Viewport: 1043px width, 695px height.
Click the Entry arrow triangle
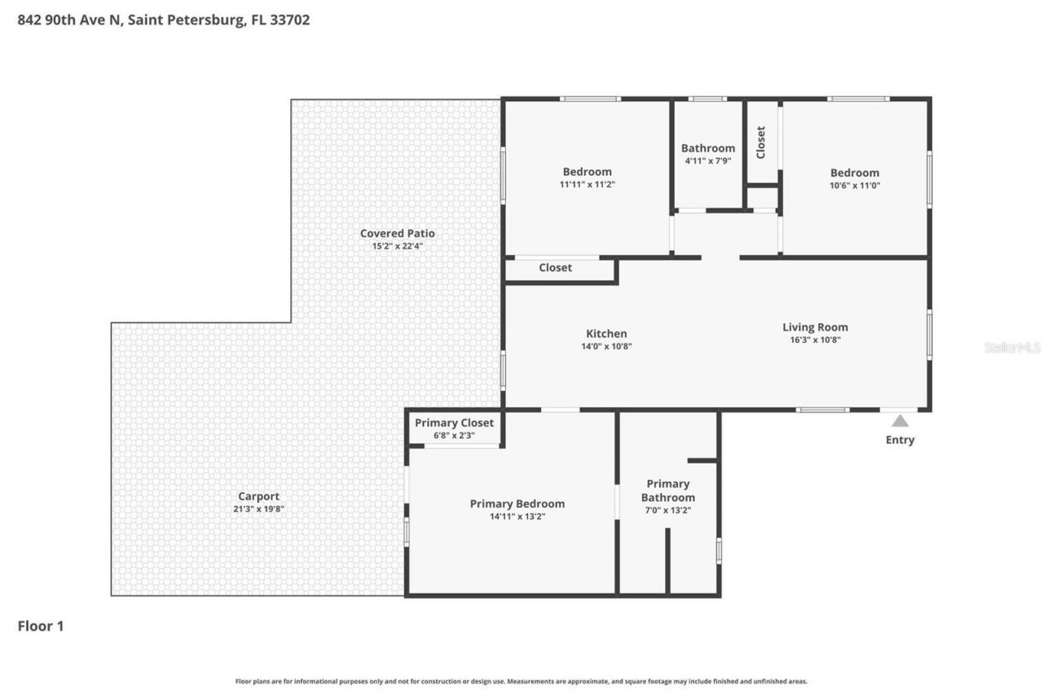tap(900, 420)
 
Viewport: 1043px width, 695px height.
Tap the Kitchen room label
tap(606, 333)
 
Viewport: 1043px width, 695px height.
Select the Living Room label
tap(815, 328)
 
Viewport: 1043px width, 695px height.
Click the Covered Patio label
tap(397, 234)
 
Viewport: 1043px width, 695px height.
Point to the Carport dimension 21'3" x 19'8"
tap(258, 509)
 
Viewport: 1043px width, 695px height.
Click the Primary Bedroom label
tap(517, 504)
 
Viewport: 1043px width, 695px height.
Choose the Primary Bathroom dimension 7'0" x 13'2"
tap(668, 511)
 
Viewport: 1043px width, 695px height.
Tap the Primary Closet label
tap(454, 423)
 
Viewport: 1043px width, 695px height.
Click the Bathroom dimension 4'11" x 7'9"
tap(707, 161)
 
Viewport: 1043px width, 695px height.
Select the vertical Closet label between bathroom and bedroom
tap(761, 142)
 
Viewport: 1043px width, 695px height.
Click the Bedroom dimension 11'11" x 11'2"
tap(587, 185)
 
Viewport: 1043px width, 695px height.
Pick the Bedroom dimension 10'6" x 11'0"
tap(855, 186)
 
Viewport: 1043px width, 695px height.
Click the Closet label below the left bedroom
tap(555, 268)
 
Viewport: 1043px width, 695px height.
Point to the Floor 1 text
tap(41, 627)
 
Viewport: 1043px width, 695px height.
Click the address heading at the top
tap(164, 20)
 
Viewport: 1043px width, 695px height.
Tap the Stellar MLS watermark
tap(1012, 347)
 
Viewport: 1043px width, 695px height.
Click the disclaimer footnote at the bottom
tap(521, 681)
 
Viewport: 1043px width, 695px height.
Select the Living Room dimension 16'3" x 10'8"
tap(815, 341)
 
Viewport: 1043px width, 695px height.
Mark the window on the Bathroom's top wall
tap(707, 99)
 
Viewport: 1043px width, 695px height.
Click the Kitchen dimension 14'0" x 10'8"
tap(606, 346)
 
